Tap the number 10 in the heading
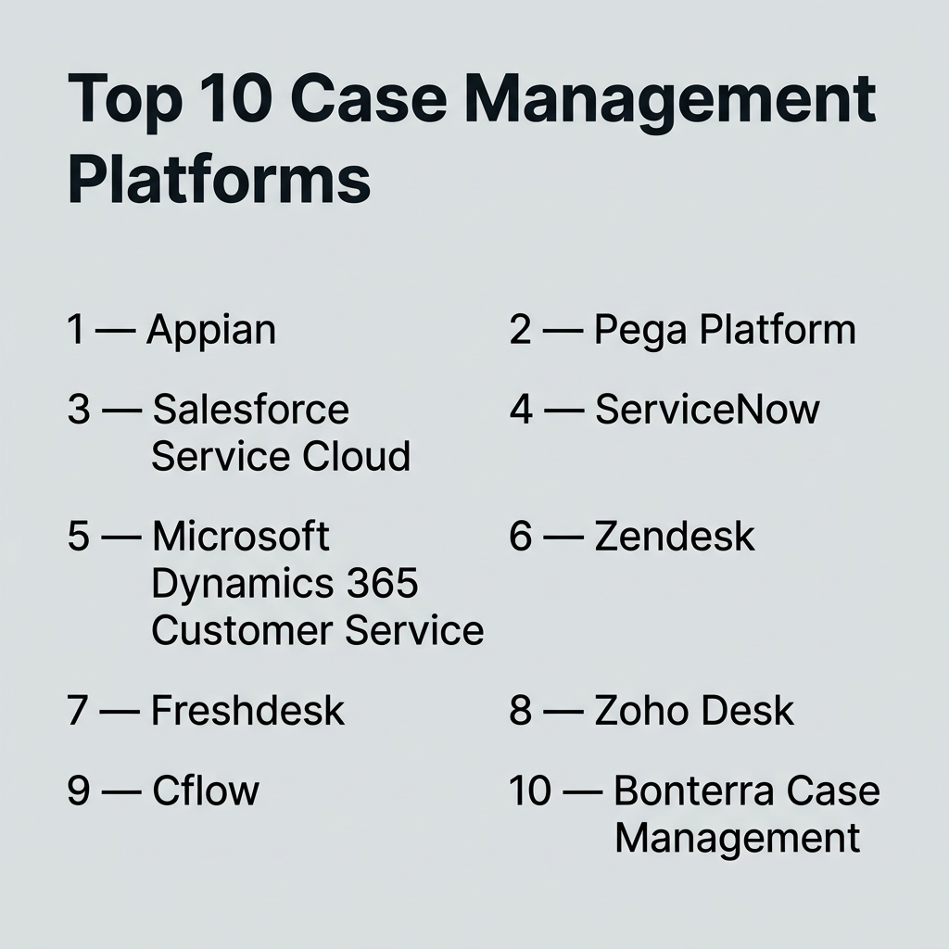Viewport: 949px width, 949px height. [x=236, y=98]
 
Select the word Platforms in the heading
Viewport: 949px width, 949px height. [x=219, y=180]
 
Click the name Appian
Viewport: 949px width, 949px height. [x=211, y=331]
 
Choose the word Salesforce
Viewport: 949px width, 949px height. [x=250, y=409]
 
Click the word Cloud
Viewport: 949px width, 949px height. [x=356, y=456]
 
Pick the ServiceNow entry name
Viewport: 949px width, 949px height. [x=707, y=409]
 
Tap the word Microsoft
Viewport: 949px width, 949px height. [x=240, y=536]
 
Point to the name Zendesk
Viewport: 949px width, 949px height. [x=675, y=536]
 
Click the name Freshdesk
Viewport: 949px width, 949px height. [x=247, y=710]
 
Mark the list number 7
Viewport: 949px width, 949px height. [x=78, y=711]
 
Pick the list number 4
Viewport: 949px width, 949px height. [x=521, y=410]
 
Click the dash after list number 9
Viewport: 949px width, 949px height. [x=121, y=791]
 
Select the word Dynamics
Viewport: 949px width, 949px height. [x=242, y=585]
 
